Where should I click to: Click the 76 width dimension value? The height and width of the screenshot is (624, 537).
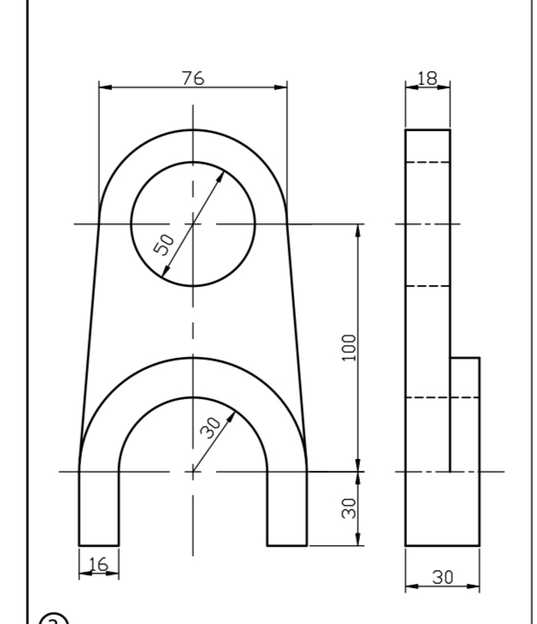click(192, 77)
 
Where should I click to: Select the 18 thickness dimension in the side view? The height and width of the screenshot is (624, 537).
click(426, 77)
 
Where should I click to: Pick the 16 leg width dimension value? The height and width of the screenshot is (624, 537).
click(97, 565)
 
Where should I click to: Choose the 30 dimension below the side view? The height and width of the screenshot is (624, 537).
click(442, 577)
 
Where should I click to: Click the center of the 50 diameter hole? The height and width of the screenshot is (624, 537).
click(192, 224)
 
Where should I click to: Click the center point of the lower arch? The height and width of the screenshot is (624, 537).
click(192, 471)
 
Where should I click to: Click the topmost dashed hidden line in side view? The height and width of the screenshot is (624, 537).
click(428, 162)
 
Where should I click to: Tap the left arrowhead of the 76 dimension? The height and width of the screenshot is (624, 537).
click(103, 86)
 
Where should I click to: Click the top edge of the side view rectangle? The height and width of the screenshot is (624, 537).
click(428, 129)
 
